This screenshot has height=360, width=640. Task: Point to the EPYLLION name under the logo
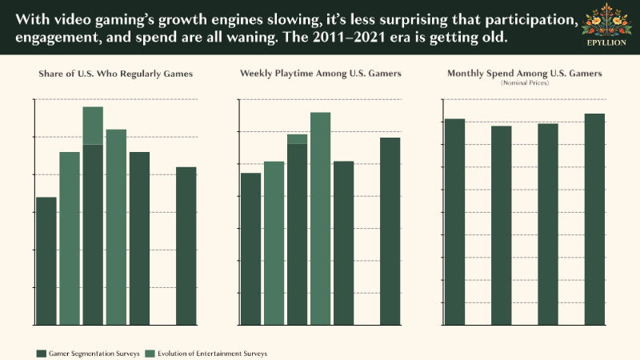click(x=606, y=42)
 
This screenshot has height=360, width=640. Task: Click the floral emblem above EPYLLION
click(x=606, y=22)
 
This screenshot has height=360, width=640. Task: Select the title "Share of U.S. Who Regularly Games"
click(x=116, y=74)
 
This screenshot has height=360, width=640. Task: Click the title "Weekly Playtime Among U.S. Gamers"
click(x=320, y=74)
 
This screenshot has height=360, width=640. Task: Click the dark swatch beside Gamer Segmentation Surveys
click(x=42, y=353)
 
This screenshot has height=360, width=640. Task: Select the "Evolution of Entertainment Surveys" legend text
click(x=212, y=353)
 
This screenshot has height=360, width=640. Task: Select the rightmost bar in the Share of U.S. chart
click(x=186, y=246)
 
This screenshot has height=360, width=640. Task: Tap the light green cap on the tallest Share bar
click(x=93, y=125)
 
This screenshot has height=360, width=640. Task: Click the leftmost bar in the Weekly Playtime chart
click(x=250, y=249)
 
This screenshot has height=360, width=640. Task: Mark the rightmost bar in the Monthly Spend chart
click(x=594, y=219)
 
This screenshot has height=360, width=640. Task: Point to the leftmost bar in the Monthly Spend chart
click(x=454, y=222)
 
